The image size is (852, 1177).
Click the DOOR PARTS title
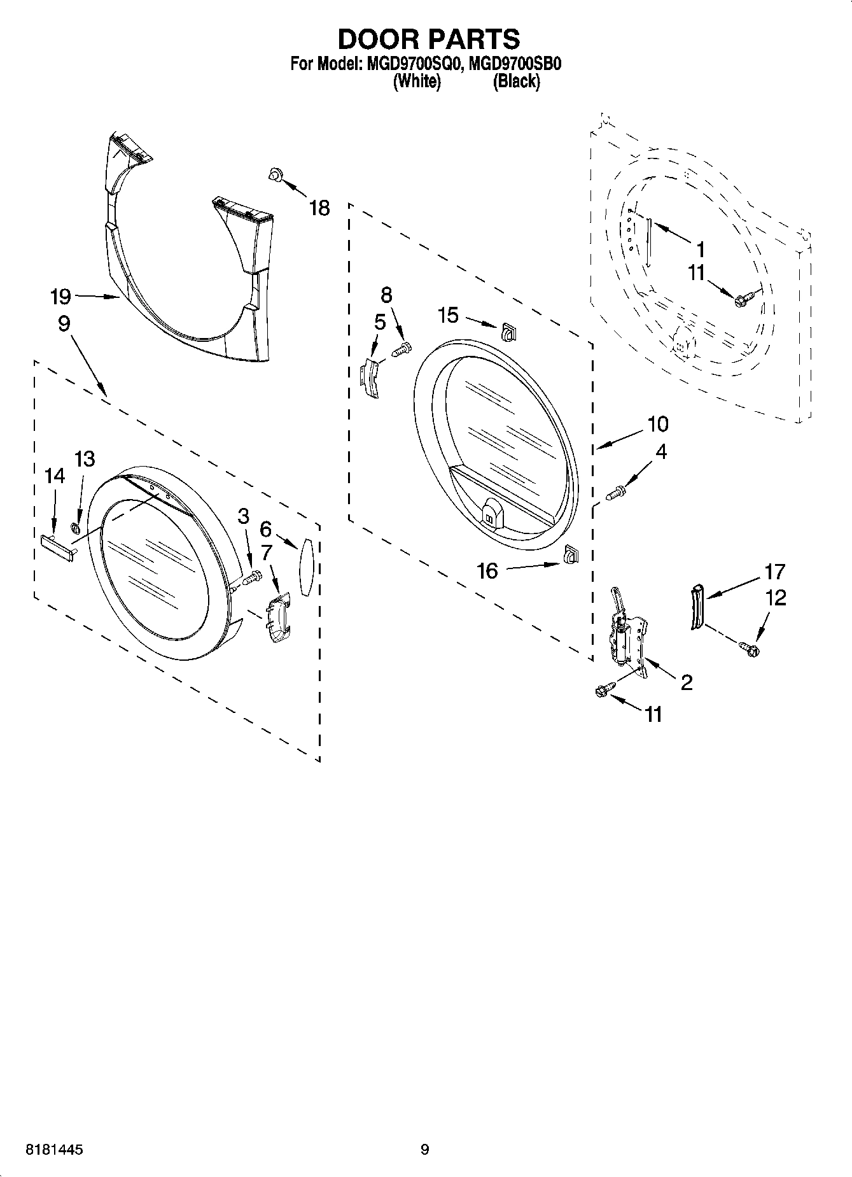coord(428,39)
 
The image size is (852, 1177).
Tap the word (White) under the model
coord(417,81)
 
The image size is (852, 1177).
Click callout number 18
coord(319,208)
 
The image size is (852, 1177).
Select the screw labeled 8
coord(401,349)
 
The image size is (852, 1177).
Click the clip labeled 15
coord(507,332)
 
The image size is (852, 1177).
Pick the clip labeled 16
coord(570,554)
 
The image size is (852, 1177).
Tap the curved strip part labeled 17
coord(698,607)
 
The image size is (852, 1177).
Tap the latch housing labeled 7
coord(279,620)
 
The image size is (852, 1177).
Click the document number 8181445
coord(54,1150)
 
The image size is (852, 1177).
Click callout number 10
coord(657,424)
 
